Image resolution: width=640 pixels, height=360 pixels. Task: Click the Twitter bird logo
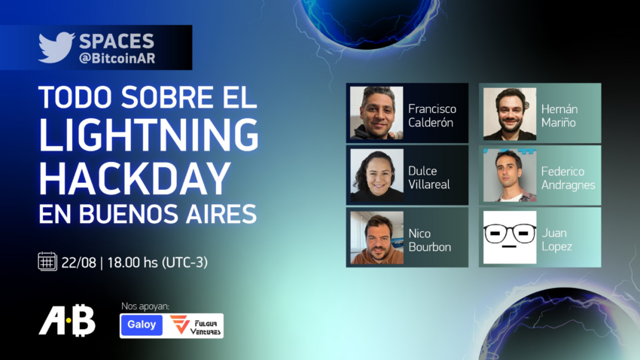click(56, 47)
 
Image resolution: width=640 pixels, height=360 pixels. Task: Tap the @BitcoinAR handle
click(117, 58)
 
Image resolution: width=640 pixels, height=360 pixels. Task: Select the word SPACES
click(117, 41)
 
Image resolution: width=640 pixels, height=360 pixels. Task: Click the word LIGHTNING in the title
click(148, 135)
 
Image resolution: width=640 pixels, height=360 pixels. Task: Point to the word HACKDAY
click(135, 178)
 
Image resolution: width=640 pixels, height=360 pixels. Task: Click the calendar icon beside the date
click(47, 261)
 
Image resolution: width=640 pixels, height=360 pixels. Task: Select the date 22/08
click(79, 262)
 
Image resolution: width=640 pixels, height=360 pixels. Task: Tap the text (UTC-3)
click(185, 262)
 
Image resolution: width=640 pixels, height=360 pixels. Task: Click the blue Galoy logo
click(142, 325)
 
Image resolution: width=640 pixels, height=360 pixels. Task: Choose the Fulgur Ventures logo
click(196, 325)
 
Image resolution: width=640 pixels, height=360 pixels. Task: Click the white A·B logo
click(67, 320)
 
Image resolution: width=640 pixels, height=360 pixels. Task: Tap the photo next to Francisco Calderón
click(376, 113)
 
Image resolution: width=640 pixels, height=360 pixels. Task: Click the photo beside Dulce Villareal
click(376, 175)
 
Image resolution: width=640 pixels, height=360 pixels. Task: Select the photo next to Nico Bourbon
click(376, 237)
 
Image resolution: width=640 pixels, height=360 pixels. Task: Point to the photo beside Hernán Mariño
click(510, 114)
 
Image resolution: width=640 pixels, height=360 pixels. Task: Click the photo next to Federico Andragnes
click(510, 175)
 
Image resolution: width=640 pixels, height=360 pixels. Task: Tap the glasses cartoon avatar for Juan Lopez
click(510, 237)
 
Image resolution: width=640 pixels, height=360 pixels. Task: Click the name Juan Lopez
click(556, 239)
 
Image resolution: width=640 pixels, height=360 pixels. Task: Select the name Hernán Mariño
click(559, 115)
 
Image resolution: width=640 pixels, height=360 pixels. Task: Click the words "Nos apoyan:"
click(145, 306)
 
